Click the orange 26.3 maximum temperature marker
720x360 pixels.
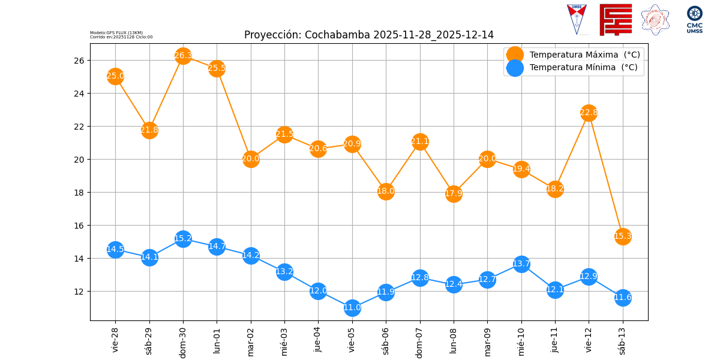(183, 56)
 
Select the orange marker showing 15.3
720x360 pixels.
(623, 236)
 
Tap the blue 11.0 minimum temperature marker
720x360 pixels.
(352, 308)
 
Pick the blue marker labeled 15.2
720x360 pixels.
(183, 239)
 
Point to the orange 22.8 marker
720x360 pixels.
(589, 113)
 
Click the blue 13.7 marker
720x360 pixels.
(521, 264)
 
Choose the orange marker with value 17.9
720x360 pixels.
(454, 194)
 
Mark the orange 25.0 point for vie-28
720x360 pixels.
(115, 76)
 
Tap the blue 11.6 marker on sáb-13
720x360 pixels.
(623, 298)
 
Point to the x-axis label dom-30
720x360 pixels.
(183, 341)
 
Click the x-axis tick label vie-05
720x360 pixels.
(352, 340)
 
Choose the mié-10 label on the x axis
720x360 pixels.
(521, 340)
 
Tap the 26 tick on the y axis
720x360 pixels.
(79, 61)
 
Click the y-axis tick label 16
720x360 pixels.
(79, 226)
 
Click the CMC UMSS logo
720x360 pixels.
(694, 19)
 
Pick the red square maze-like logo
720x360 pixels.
(616, 19)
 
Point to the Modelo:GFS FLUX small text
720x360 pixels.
(116, 32)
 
